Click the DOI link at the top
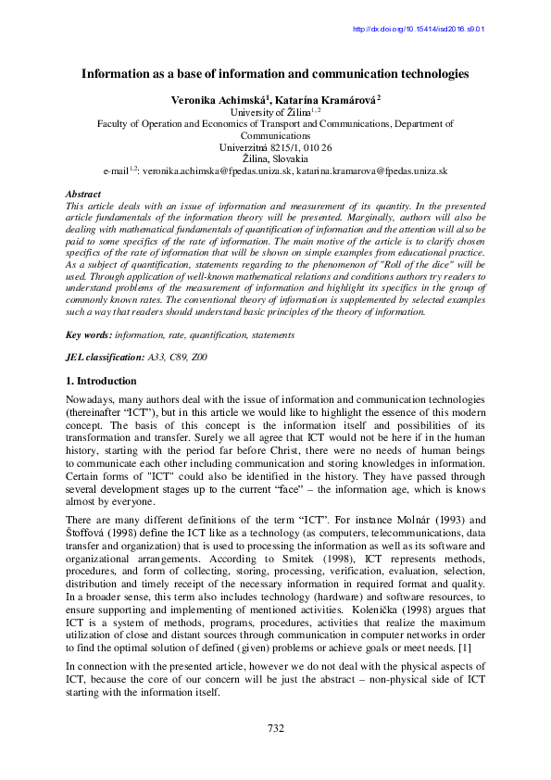pos(420,29)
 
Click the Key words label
pos(88,333)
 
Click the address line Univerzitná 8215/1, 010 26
pos(275,147)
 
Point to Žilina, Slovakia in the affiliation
pos(275,159)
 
